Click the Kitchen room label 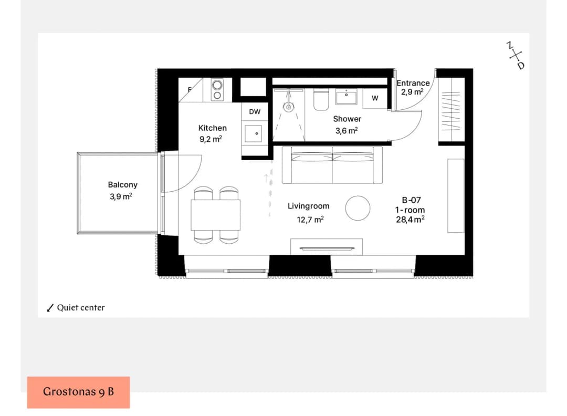click(212, 128)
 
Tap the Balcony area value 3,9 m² click(121, 196)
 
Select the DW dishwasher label click(255, 112)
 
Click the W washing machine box click(375, 98)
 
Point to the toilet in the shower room click(321, 99)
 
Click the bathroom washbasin click(346, 97)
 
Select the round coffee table click(358, 208)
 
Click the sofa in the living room click(332, 165)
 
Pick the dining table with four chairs click(216, 215)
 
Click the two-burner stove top click(217, 90)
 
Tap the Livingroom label click(309, 206)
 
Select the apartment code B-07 click(411, 200)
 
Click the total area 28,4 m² click(410, 220)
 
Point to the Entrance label click(413, 83)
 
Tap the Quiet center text click(81, 307)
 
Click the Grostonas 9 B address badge click(78, 392)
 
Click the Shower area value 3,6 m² click(346, 131)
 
